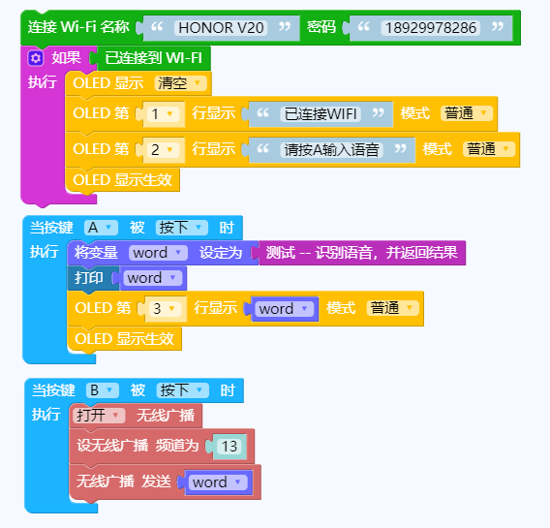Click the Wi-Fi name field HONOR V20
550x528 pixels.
[x=221, y=28]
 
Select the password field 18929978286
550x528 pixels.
[x=430, y=28]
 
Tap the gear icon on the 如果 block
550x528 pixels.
[x=36, y=58]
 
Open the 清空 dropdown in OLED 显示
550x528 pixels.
[x=180, y=83]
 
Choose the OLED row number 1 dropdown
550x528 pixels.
[x=163, y=113]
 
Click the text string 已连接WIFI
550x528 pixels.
[x=321, y=113]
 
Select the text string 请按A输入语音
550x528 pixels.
[x=331, y=149]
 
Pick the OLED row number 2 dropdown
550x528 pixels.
[x=163, y=149]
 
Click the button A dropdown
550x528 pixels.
[x=101, y=228]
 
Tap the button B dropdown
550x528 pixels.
[x=103, y=390]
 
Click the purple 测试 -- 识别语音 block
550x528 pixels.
[x=360, y=253]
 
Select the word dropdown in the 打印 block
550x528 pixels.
[x=153, y=278]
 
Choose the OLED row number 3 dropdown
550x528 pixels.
[x=165, y=309]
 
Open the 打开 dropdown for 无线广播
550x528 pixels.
[x=99, y=416]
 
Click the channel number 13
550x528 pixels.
[x=229, y=447]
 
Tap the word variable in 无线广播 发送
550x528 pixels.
[x=218, y=482]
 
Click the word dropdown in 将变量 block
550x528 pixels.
[x=158, y=253]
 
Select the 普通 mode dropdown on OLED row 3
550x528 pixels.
[x=392, y=308]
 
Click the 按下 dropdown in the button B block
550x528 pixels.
[x=183, y=390]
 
